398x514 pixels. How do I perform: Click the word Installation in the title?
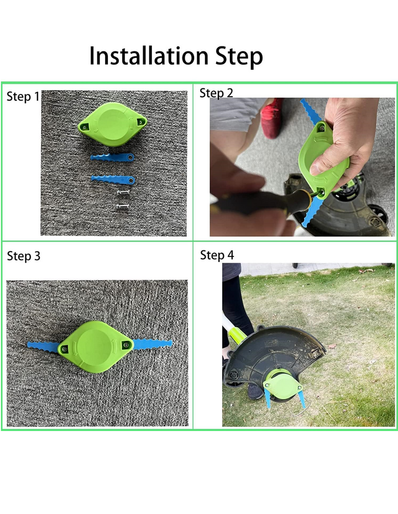pos(149,56)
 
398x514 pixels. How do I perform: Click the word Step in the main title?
pos(239,57)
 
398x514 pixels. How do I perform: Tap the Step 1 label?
pos(23,97)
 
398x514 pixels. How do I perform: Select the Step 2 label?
pos(216,93)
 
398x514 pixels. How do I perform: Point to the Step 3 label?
pos(24,256)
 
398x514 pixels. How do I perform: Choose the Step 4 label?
pos(217,255)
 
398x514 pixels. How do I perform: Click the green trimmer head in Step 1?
pos(112,124)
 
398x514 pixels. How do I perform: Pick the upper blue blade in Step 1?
pos(112,158)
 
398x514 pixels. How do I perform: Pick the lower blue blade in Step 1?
pos(113,180)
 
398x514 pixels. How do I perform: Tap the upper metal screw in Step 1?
pos(123,193)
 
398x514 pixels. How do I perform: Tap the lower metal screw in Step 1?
pos(123,207)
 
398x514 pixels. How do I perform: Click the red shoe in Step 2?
pos(272,118)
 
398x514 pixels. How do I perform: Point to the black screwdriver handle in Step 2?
pos(262,202)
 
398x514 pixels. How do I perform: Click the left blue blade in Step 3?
pos(44,347)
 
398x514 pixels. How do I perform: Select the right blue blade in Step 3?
pos(153,344)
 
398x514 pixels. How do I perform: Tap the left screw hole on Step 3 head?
pos(64,349)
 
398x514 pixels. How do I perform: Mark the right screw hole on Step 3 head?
pos(126,345)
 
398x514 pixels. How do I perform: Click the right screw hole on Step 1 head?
pos(141,122)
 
